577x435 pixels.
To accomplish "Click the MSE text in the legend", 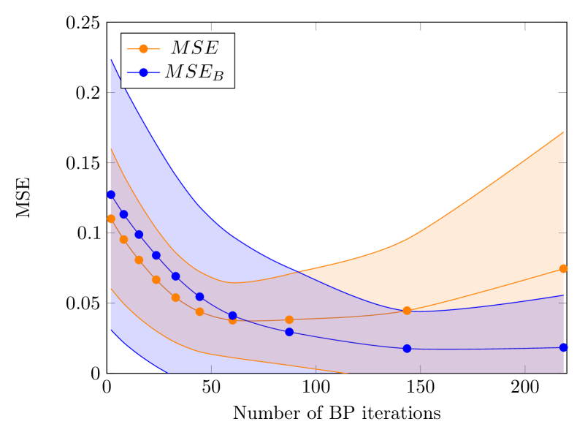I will coord(194,48).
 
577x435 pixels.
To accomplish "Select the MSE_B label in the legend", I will coord(194,72).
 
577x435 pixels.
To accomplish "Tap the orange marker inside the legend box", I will coord(143,49).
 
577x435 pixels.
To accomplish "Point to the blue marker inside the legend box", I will coord(143,72).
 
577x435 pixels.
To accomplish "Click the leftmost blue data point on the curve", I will coord(111,194).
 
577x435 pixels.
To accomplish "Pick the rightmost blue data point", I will coord(564,347).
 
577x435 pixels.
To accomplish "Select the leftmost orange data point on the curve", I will coord(111,219).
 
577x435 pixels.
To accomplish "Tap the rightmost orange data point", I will coord(564,268).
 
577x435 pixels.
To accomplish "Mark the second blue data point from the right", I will coord(407,348).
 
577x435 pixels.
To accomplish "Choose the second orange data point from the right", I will coord(407,311).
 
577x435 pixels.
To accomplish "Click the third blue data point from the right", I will coord(289,332).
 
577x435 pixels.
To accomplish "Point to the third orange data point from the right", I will coord(289,319).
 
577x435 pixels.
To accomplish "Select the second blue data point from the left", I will coord(123,214).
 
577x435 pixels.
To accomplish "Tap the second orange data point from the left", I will coord(123,239).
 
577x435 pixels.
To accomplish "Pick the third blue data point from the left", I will coord(139,235).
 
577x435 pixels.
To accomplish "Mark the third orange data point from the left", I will coord(139,260).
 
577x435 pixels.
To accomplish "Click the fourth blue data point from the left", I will coord(156,255).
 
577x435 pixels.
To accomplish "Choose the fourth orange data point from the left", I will coord(156,279).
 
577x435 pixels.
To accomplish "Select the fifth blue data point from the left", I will coord(175,276).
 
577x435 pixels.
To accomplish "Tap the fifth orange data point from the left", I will coord(175,298).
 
